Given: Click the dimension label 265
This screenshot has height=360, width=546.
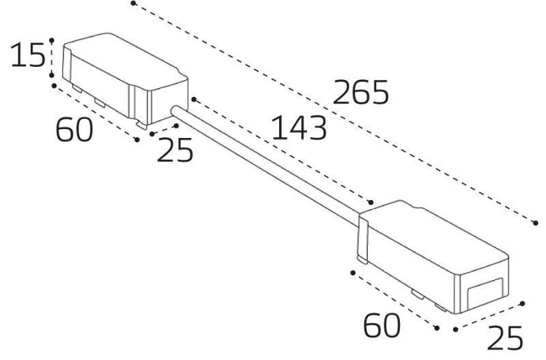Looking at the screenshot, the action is click(x=360, y=92).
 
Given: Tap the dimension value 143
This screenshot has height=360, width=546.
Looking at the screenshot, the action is click(x=299, y=128).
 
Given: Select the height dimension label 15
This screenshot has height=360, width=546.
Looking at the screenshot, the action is click(x=28, y=55).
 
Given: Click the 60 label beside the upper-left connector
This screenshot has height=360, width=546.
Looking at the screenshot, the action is click(x=74, y=129).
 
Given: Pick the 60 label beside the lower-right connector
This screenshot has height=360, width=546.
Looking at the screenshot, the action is click(x=382, y=325).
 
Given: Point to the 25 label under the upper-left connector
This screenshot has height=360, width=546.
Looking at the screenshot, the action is click(x=175, y=150).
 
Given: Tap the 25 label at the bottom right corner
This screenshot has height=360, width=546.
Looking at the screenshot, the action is click(x=505, y=337).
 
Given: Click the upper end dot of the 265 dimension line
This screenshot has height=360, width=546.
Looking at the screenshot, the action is click(x=133, y=3).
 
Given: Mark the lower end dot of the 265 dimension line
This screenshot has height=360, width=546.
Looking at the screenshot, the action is click(x=536, y=223).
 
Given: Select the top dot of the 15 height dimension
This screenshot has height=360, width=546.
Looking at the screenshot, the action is click(x=52, y=41).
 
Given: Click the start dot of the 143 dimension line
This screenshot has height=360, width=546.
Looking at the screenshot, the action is click(x=194, y=100).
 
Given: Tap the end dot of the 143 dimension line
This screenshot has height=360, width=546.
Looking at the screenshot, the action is click(x=371, y=202).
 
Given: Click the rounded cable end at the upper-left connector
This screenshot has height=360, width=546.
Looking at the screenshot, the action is click(x=175, y=111).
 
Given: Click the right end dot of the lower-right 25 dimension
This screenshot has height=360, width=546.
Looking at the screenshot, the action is click(x=522, y=303).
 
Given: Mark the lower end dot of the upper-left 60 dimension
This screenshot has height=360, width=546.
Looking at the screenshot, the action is click(x=137, y=139).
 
